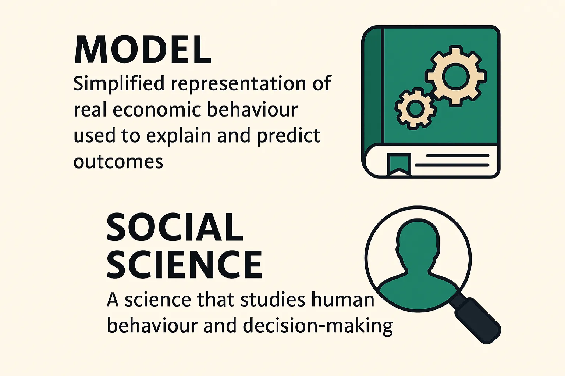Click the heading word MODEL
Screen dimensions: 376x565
[143, 50]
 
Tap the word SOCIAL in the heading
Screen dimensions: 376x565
[175, 227]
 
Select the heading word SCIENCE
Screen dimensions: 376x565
[184, 264]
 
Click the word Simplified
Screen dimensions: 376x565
[119, 84]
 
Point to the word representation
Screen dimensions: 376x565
[238, 84]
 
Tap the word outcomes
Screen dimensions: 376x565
[118, 162]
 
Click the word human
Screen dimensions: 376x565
[342, 300]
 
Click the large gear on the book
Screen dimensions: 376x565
[456, 76]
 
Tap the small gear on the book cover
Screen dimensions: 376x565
[416, 108]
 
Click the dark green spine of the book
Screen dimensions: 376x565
[373, 88]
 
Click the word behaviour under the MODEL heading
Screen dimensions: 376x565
[252, 110]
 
